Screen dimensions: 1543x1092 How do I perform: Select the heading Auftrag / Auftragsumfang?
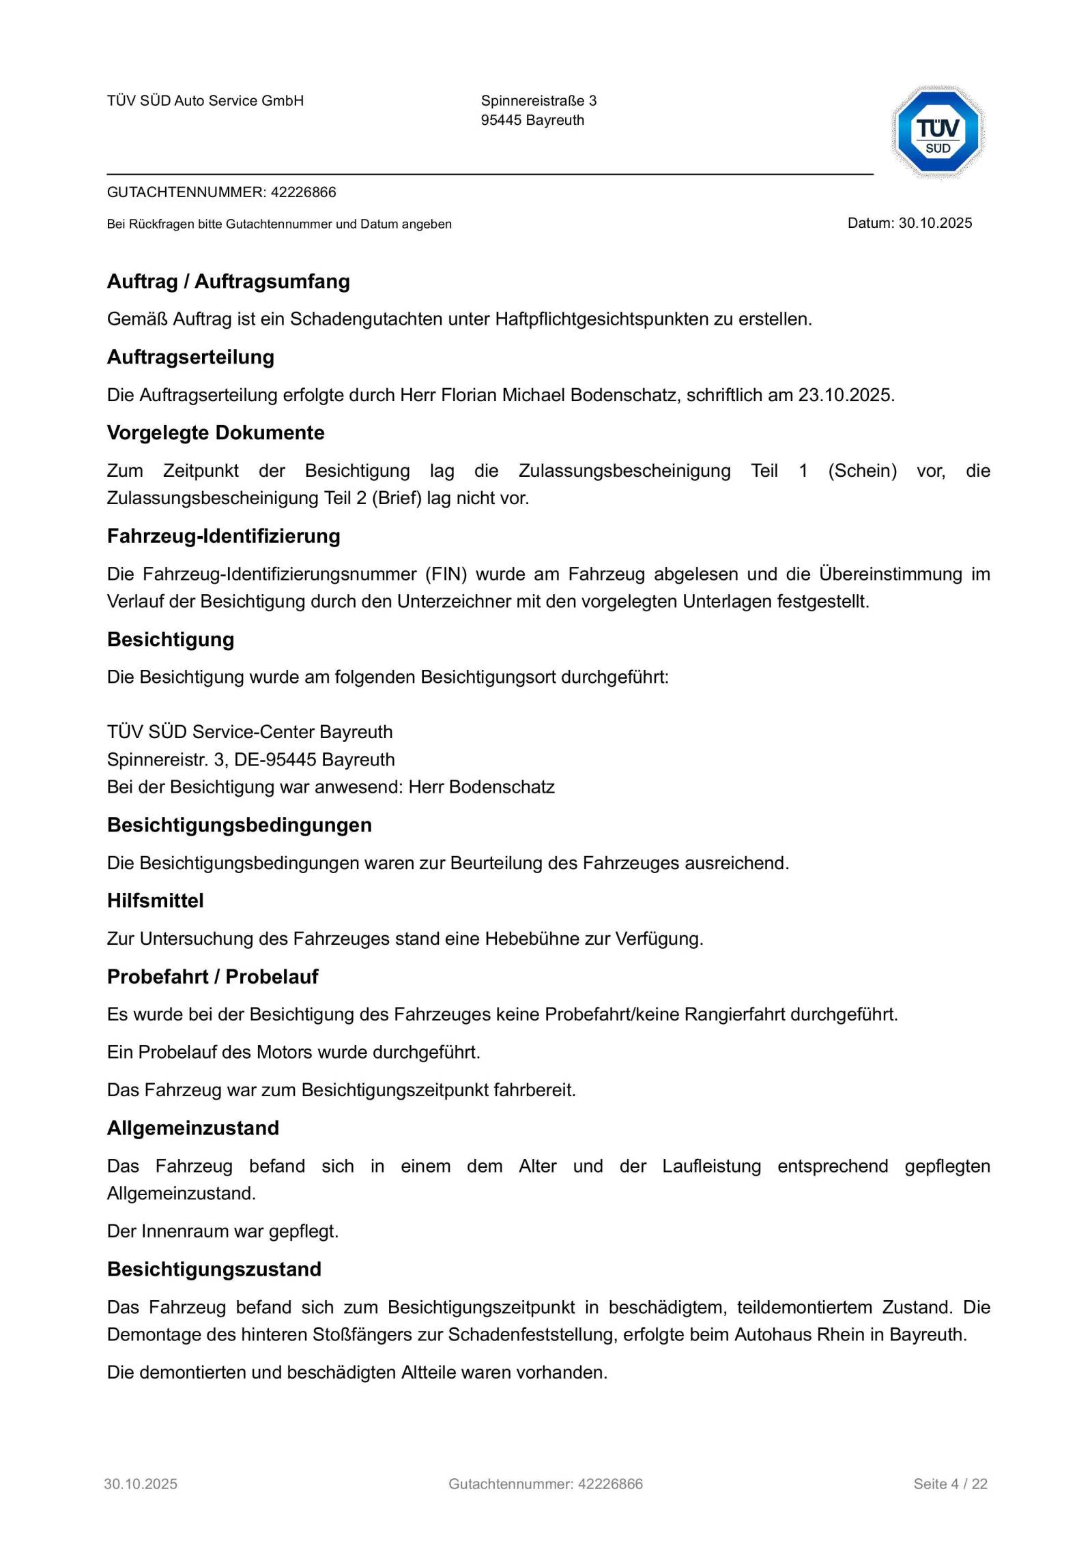point(228,282)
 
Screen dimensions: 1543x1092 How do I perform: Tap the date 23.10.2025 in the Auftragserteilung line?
point(845,395)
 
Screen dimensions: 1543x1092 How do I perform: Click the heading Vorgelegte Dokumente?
point(216,433)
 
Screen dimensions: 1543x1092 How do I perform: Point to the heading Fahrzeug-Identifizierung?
point(223,536)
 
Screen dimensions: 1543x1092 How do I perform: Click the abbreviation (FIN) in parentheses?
point(446,574)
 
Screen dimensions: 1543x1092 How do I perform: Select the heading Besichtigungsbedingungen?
point(239,825)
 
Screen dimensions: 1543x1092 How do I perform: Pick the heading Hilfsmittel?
point(155,901)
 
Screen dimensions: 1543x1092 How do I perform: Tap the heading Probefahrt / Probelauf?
point(212,977)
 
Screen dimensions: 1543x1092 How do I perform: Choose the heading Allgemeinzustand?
point(192,1128)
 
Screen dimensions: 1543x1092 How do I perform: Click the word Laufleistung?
point(711,1166)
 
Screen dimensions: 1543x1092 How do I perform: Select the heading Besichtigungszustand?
point(214,1269)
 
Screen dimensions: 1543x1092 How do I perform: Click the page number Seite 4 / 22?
point(950,1484)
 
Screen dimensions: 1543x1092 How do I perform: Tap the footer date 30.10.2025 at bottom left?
point(141,1484)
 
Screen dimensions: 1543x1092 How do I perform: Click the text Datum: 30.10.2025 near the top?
point(909,223)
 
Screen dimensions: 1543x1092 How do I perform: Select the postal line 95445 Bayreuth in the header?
point(532,120)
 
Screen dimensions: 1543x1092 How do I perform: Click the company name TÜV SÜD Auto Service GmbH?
point(205,101)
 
